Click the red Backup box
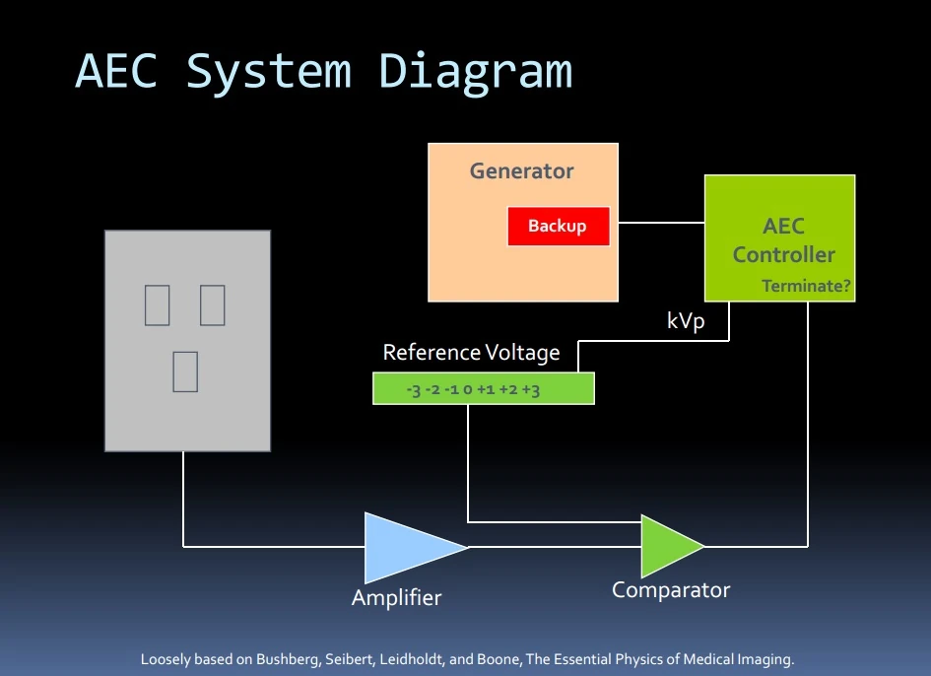tap(558, 226)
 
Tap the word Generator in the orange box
tap(521, 170)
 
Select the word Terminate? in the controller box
tap(807, 288)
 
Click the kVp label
tap(686, 321)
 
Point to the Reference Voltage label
tap(471, 352)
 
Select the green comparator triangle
tap(667, 545)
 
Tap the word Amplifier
tap(396, 597)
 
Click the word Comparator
tap(671, 590)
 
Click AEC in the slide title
tap(116, 72)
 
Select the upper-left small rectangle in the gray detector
tap(157, 304)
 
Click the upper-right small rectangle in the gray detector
tap(213, 304)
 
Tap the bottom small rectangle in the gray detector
tap(185, 371)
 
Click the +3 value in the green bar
tap(531, 390)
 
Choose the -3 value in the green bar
tap(414, 390)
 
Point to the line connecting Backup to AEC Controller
tap(657, 223)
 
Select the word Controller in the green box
tap(783, 255)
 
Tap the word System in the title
tap(268, 72)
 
